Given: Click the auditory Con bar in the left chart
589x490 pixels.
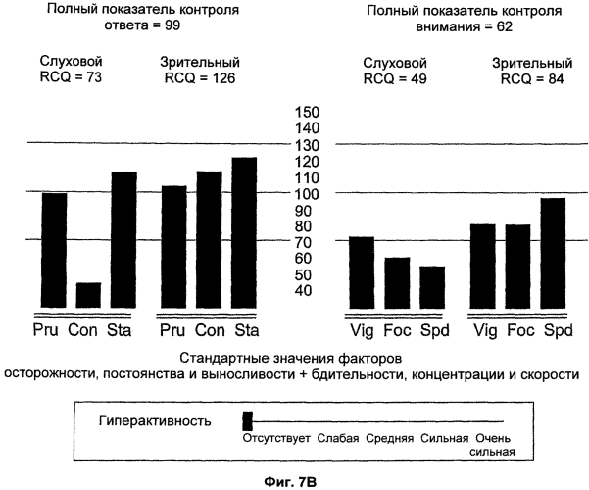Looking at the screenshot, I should click(88, 296).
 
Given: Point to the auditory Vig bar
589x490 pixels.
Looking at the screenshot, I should click(362, 272).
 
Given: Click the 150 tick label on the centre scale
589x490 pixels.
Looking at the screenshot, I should click(309, 111).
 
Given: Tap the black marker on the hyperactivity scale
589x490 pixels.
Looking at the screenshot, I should click(247, 420).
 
